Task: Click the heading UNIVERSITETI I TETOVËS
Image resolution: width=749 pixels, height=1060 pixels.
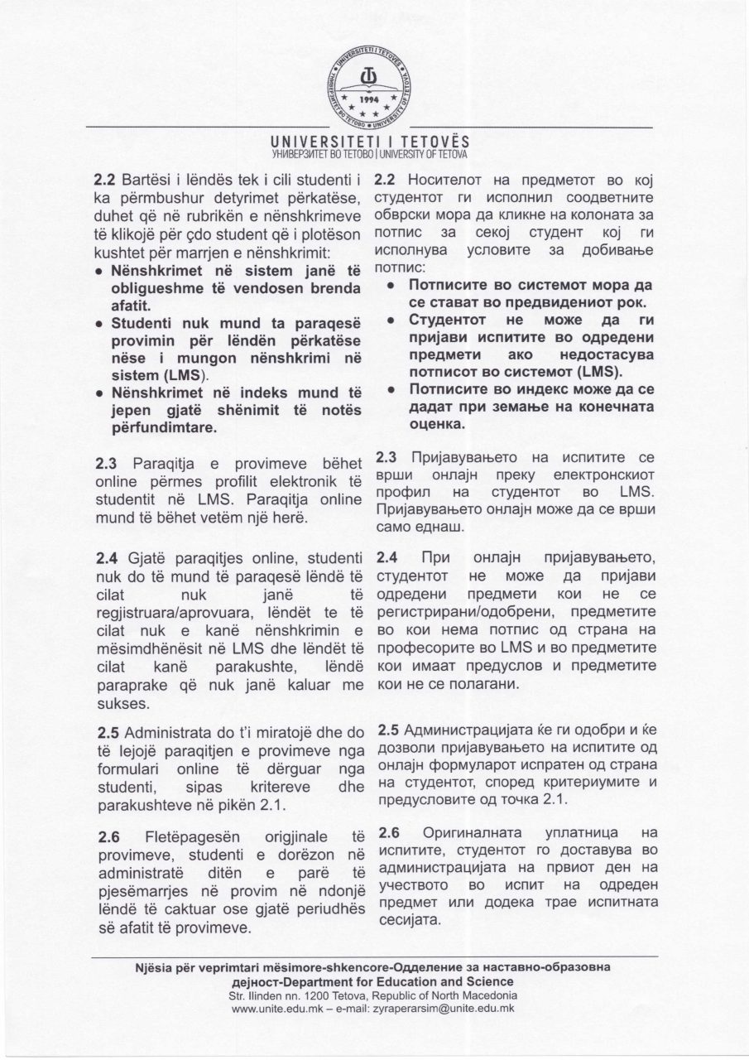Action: point(374,142)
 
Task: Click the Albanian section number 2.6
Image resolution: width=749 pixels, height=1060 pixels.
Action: point(108,839)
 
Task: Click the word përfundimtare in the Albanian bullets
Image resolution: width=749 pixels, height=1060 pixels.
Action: point(166,428)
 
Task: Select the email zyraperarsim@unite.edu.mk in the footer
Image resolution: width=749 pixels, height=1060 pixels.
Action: point(442,1009)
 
